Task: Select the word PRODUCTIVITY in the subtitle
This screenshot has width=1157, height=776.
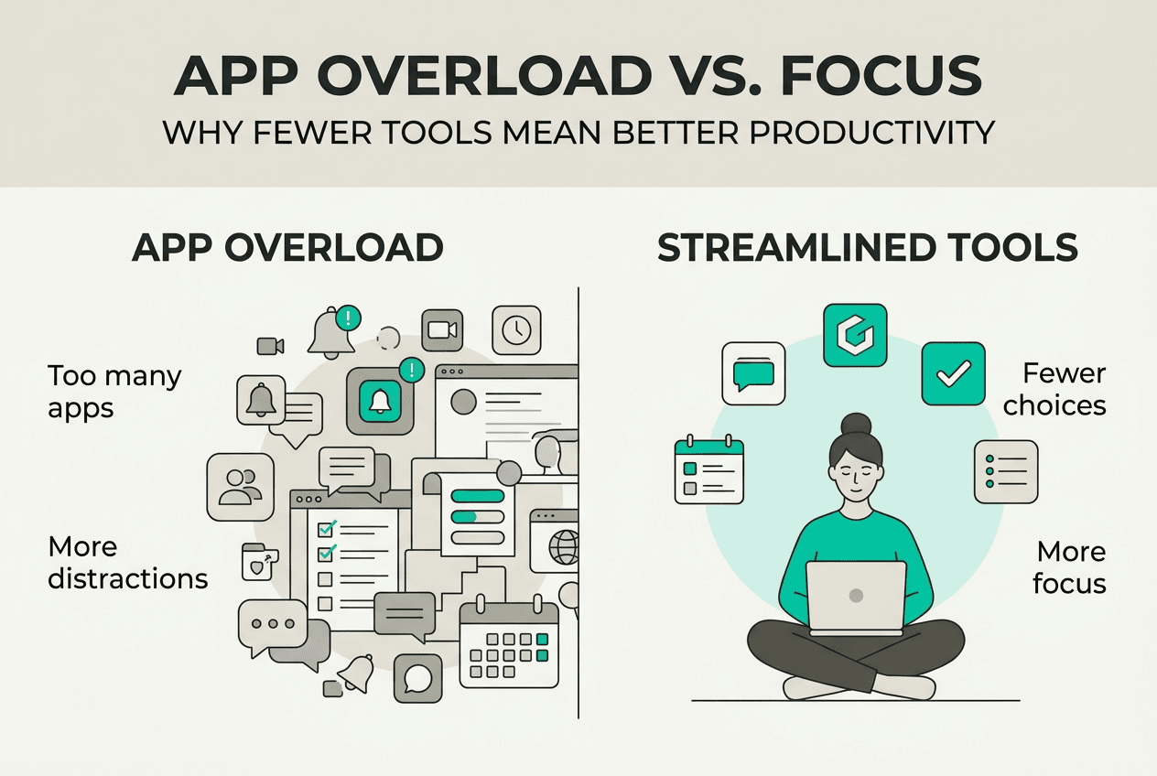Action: pos(872,133)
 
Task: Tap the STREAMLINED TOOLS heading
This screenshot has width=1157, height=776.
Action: pos(867,247)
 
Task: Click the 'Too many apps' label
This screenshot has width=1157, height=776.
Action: pos(114,392)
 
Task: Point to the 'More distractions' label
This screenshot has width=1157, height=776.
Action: pos(127,563)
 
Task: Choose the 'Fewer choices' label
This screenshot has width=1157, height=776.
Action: pos(1054,390)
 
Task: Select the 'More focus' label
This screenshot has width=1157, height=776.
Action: pos(1069,568)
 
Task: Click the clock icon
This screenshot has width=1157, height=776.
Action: pos(516,330)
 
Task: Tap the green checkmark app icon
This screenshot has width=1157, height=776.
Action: pos(953,373)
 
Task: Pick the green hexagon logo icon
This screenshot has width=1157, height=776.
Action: pos(855,335)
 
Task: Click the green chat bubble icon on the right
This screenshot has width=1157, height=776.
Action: pos(753,373)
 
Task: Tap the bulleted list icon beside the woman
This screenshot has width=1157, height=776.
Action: pos(1006,471)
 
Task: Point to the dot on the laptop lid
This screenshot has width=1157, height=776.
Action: pos(856,596)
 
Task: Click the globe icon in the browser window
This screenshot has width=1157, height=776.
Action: pos(564,546)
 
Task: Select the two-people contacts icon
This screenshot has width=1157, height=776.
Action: pos(240,487)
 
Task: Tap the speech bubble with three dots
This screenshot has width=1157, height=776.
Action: pos(273,625)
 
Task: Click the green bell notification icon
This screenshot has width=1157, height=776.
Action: pos(381,401)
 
